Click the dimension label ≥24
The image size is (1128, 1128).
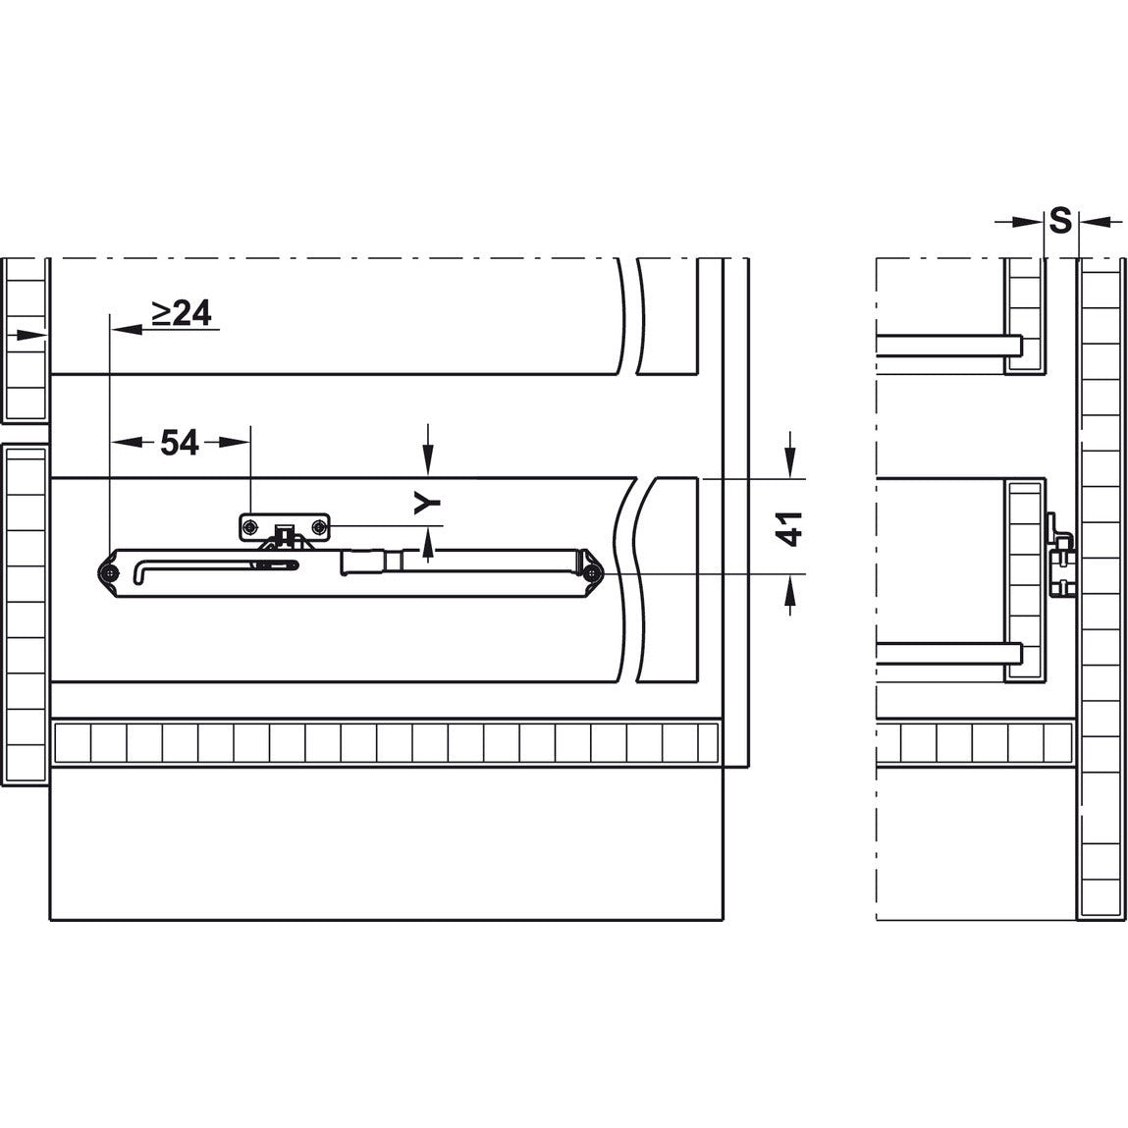point(181,312)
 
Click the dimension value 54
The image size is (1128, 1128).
point(179,443)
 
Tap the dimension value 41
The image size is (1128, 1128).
point(791,527)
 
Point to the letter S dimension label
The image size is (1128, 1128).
point(1059,221)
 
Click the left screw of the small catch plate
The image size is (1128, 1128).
point(251,527)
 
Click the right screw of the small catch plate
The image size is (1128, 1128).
point(319,527)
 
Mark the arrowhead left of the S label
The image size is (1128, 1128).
point(1031,223)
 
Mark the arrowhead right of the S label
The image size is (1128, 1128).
point(1091,223)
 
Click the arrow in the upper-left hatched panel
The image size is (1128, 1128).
point(35,336)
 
